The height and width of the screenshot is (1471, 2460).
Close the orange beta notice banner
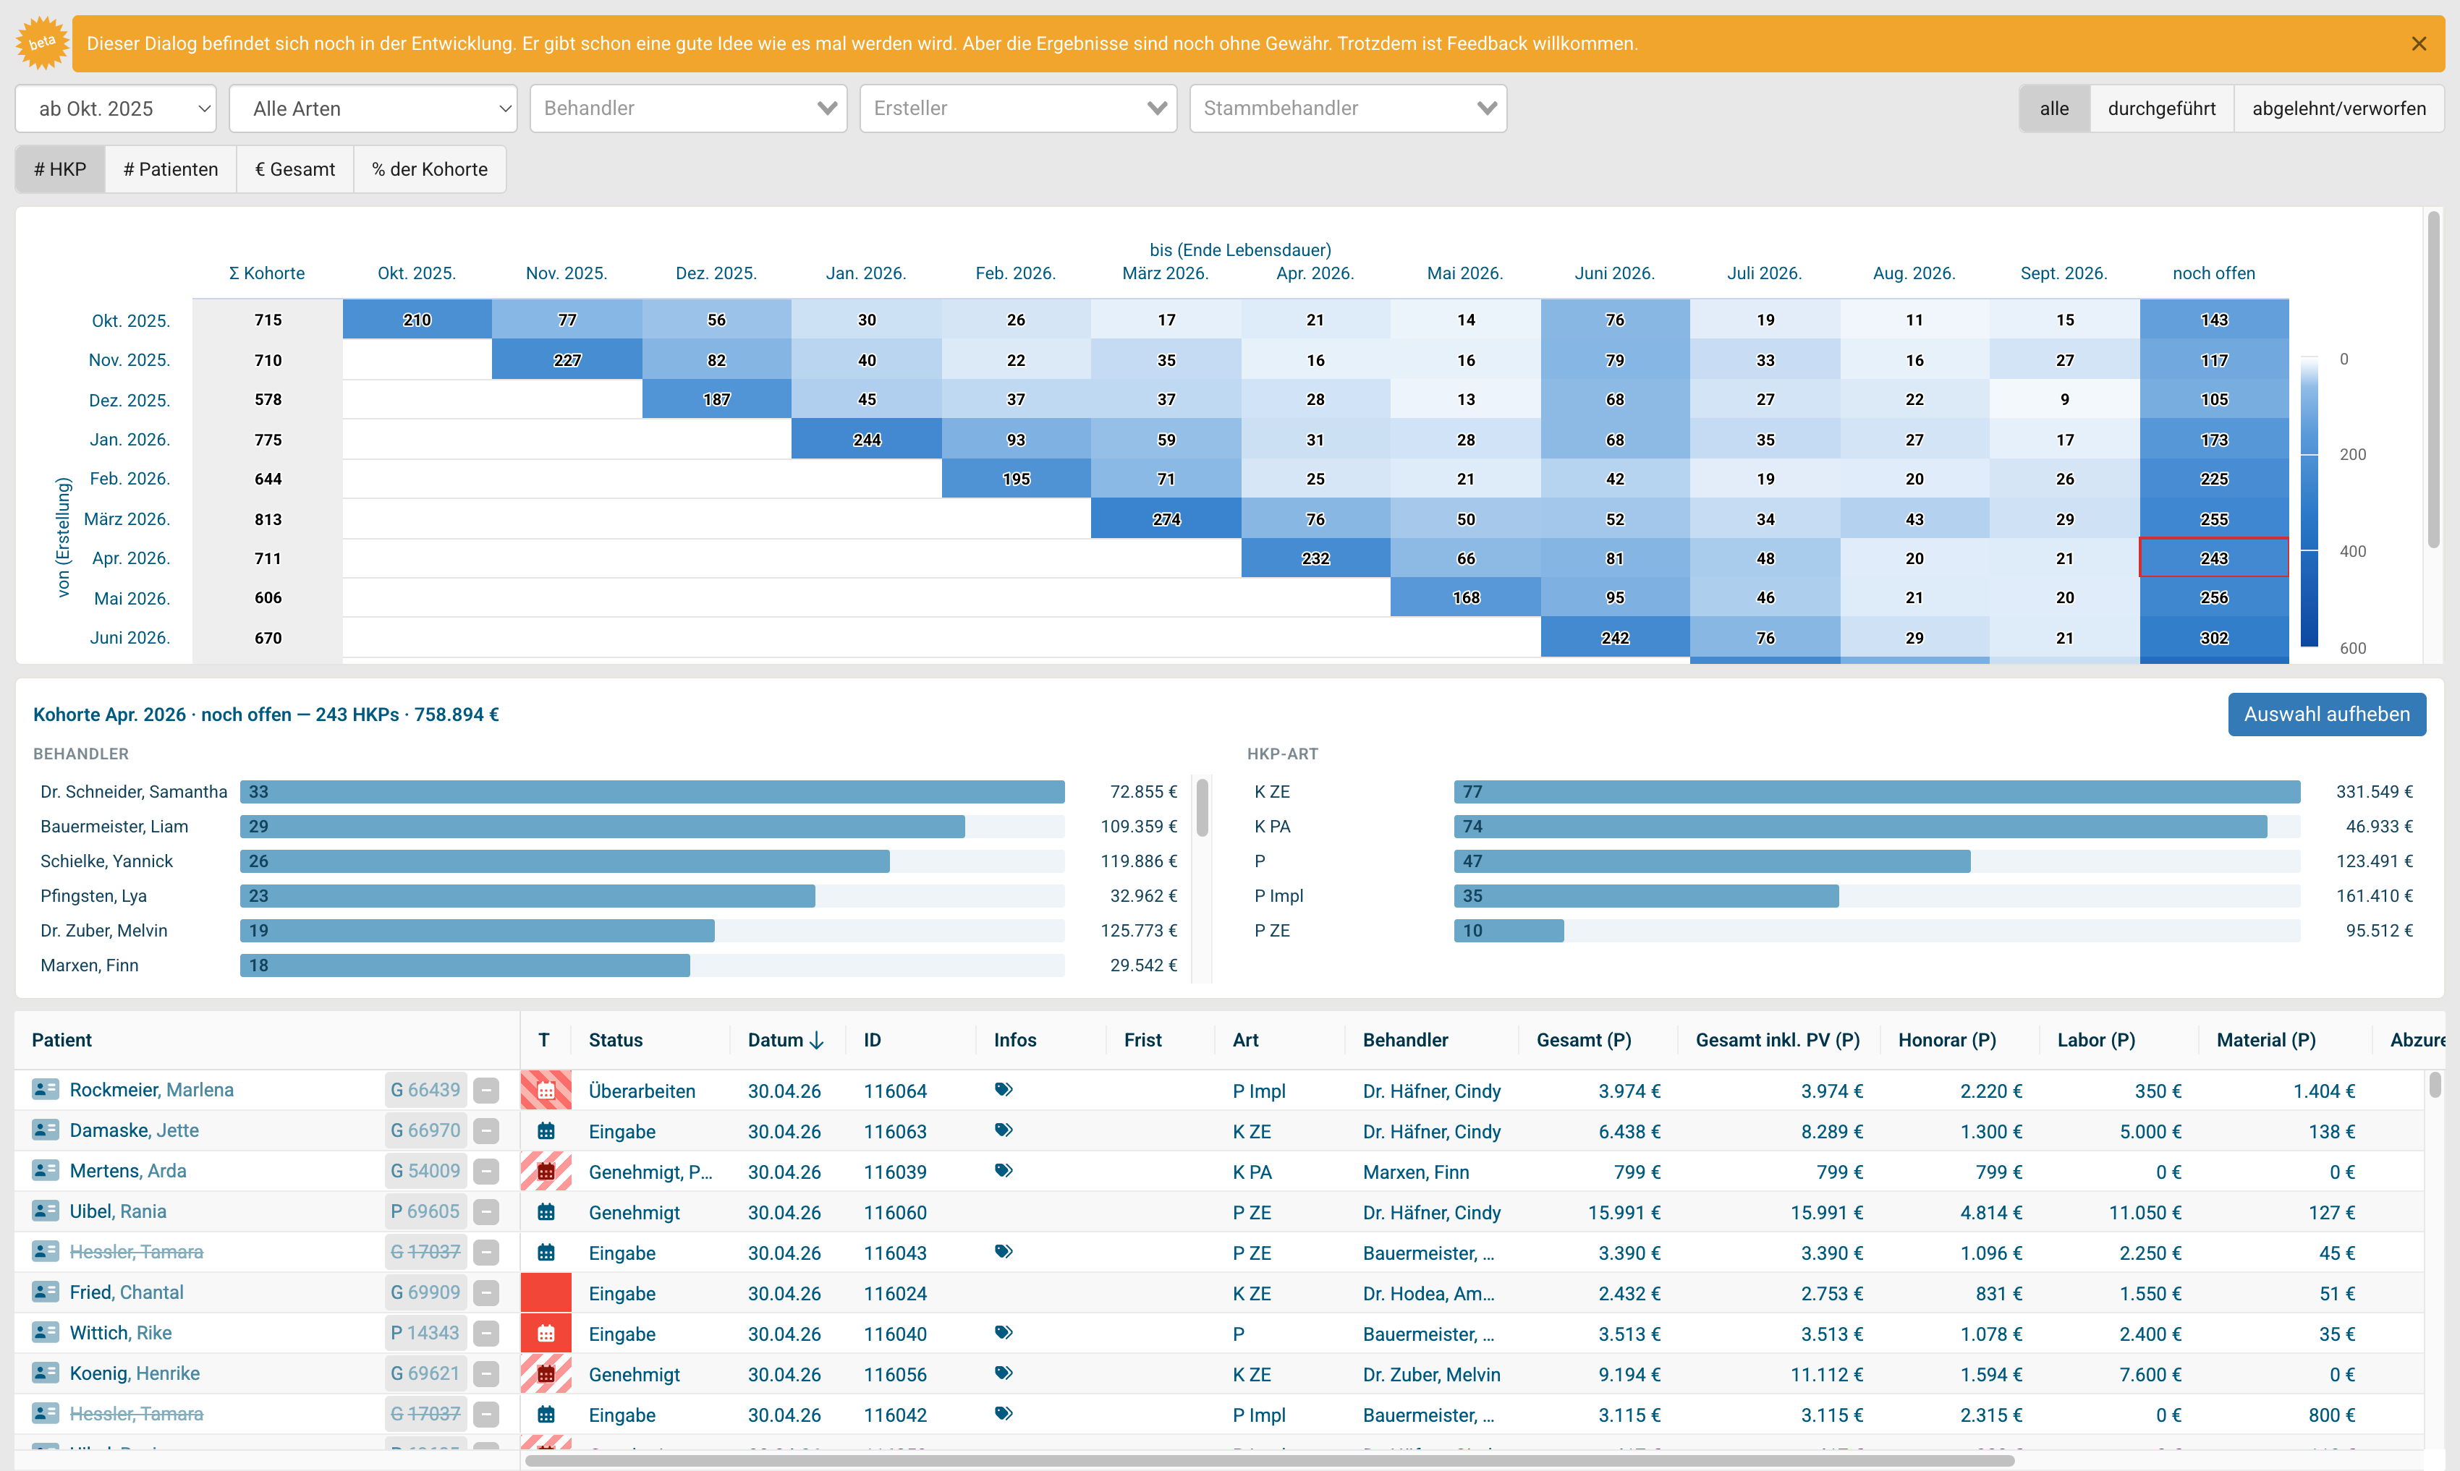(2418, 43)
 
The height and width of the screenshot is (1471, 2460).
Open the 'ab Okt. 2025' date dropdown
(116, 108)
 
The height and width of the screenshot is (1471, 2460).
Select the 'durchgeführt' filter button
(2162, 108)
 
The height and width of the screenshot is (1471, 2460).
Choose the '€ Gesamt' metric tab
(294, 169)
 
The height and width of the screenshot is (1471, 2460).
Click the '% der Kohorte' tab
(429, 169)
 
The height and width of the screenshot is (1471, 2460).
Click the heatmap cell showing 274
(1166, 519)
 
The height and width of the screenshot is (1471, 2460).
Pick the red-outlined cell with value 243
(2214, 558)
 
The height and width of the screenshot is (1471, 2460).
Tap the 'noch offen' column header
(2213, 273)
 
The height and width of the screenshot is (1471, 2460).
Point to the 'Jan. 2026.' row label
(130, 439)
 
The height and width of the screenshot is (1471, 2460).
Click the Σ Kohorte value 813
(268, 519)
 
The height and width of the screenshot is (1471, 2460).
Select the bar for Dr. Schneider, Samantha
(651, 792)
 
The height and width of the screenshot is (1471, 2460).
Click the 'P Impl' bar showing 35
(1646, 896)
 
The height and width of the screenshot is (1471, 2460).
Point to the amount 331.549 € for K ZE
(2374, 792)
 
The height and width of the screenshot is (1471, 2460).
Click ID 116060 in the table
(894, 1212)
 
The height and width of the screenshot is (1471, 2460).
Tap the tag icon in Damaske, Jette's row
(1004, 1130)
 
